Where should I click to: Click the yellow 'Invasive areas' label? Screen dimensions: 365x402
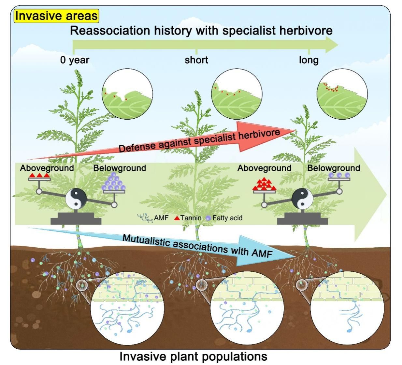[x=56, y=16]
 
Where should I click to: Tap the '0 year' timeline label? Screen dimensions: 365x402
[x=75, y=60]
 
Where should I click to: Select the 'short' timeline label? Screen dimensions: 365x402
[x=196, y=60]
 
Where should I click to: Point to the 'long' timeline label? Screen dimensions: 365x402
[x=309, y=60]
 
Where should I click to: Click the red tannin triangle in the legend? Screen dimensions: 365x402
[x=177, y=218]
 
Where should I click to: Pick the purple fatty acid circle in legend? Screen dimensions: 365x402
[x=208, y=218]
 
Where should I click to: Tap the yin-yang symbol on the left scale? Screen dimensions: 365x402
[x=76, y=199]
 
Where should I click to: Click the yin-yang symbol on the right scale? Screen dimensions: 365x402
[x=302, y=199]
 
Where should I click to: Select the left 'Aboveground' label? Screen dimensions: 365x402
[x=47, y=168]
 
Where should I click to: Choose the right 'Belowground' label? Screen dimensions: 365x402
[x=334, y=168]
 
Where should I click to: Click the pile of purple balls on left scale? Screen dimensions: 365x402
[x=113, y=183]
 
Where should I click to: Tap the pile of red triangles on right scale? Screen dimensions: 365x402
[x=264, y=184]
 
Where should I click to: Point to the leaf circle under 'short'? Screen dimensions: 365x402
[x=237, y=94]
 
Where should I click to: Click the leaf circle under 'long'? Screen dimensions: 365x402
[x=342, y=95]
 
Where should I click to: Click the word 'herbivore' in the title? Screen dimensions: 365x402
[x=306, y=31]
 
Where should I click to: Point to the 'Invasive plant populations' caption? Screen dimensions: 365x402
[x=193, y=357]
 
